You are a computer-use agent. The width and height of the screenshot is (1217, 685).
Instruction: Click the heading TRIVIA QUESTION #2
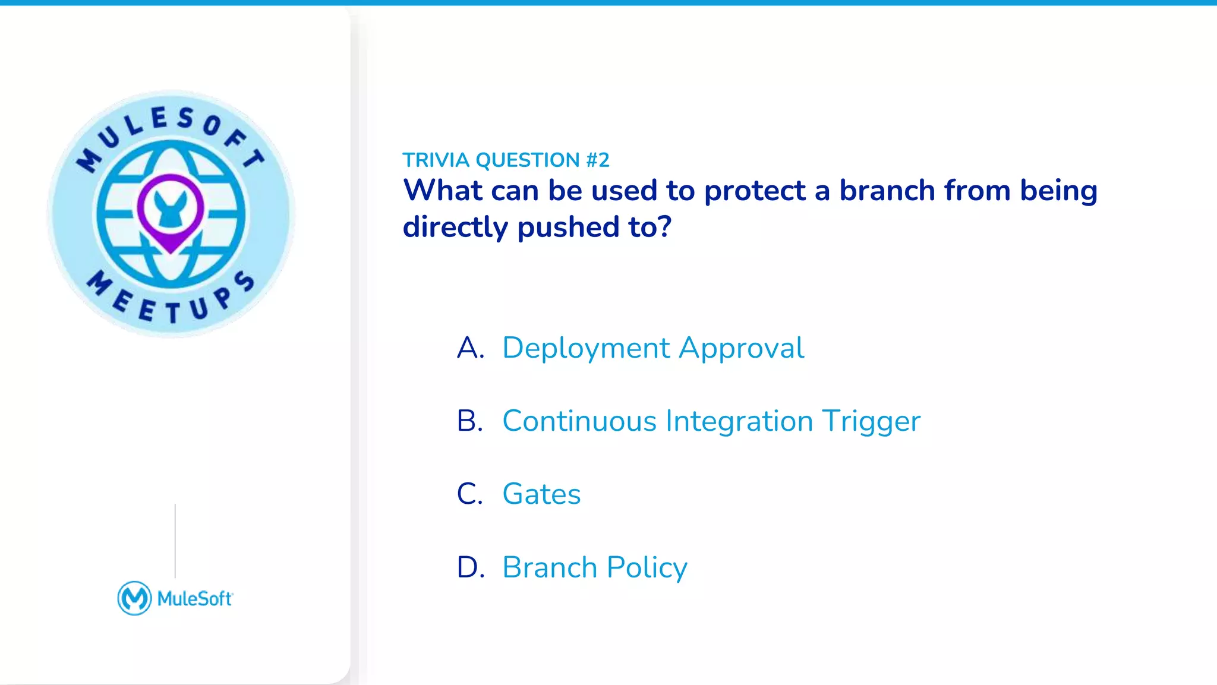pyautogui.click(x=506, y=160)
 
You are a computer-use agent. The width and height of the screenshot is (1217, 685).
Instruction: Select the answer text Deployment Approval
pyautogui.click(x=652, y=348)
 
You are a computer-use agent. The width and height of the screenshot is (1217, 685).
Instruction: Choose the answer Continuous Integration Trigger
pyautogui.click(x=711, y=421)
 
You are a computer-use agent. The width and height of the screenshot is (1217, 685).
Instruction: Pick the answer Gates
pyautogui.click(x=541, y=494)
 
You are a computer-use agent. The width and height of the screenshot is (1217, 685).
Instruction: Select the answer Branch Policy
pyautogui.click(x=594, y=567)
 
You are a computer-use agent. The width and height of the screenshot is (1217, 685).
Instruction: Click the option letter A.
pyautogui.click(x=469, y=348)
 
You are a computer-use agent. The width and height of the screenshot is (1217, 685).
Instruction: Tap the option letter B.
pyautogui.click(x=469, y=421)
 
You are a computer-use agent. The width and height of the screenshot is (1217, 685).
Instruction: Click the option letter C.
pyautogui.click(x=469, y=494)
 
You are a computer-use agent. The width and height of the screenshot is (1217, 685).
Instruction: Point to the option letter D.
pyautogui.click(x=469, y=567)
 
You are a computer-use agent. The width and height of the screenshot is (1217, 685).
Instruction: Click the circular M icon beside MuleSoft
pyautogui.click(x=134, y=598)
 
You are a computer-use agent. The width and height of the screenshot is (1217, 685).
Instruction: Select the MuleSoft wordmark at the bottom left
pyautogui.click(x=195, y=599)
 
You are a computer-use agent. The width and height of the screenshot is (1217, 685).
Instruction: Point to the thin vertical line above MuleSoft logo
pyautogui.click(x=175, y=541)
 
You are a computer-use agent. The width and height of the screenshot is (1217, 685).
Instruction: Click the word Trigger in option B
pyautogui.click(x=871, y=421)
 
